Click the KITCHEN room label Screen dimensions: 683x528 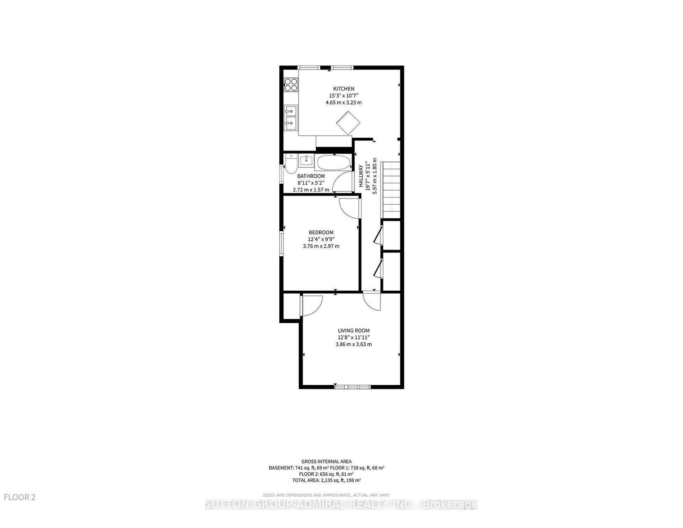344,89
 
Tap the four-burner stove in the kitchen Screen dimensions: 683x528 291,84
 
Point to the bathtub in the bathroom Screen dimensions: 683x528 333,163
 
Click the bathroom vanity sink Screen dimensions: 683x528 306,160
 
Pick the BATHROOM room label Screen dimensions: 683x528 311,176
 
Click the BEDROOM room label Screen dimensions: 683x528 321,232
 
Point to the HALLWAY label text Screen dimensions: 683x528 361,176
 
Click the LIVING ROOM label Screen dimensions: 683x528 354,330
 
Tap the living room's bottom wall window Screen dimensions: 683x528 352,386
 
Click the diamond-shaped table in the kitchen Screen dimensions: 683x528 348,123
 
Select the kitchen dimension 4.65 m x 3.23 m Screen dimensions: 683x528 344,102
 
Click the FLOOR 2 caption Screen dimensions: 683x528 20,497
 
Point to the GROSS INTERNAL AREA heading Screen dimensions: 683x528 327,461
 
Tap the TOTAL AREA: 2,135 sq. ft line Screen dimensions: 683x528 327,480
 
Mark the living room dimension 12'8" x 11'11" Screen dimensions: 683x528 354,337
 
